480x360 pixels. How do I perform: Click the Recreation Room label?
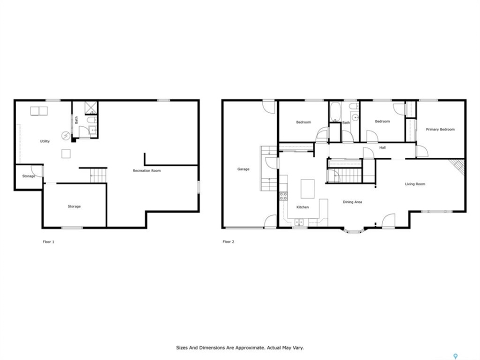click(x=146, y=170)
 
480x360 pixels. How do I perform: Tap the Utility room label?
click(x=44, y=141)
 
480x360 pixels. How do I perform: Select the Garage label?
click(x=243, y=169)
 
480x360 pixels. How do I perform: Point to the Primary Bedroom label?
click(x=440, y=129)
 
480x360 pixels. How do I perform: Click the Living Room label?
click(x=415, y=184)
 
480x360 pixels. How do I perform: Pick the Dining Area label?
click(x=352, y=202)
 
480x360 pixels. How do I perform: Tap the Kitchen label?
click(x=302, y=207)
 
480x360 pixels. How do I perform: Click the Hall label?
click(x=382, y=147)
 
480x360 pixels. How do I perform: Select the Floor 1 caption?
click(x=48, y=242)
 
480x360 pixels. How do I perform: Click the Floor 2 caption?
click(x=228, y=242)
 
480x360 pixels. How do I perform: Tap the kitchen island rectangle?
click(x=307, y=189)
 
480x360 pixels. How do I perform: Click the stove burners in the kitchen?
click(x=283, y=196)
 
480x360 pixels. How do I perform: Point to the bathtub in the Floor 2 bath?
click(x=335, y=111)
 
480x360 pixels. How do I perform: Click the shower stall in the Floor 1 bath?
click(x=91, y=108)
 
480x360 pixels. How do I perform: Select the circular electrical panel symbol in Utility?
click(x=66, y=136)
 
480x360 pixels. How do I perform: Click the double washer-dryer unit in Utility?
click(x=39, y=111)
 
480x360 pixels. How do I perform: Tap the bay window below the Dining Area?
click(x=353, y=230)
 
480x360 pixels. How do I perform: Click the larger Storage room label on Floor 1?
click(x=74, y=206)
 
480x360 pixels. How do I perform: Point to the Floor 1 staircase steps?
click(x=98, y=175)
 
